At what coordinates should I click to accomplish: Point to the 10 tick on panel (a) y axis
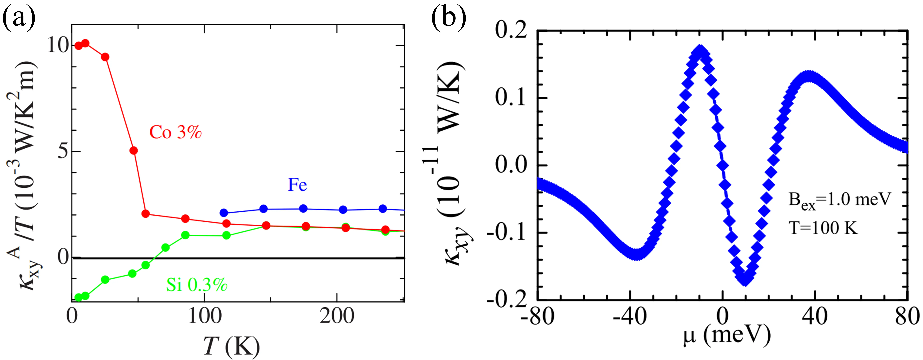coord(57,45)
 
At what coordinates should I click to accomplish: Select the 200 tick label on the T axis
coord(337,316)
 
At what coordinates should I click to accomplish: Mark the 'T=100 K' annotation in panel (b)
coord(823,228)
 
